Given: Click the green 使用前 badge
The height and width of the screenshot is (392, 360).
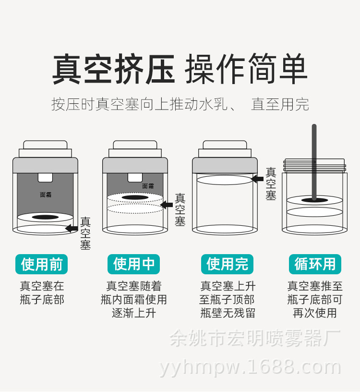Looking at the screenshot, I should [42, 264].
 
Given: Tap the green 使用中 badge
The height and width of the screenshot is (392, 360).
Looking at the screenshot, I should [134, 264].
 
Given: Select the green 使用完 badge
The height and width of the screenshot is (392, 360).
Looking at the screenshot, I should [227, 264].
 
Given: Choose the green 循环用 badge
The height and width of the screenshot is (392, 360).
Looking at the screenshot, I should [315, 264].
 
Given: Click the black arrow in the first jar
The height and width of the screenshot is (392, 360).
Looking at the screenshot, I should [72, 228].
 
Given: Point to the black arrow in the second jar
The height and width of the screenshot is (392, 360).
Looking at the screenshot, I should [166, 205].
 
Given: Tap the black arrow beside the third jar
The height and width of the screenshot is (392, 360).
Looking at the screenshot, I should [257, 179].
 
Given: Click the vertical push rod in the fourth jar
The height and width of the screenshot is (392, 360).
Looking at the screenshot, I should [314, 161].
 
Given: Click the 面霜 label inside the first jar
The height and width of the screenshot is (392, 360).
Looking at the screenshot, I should [46, 195].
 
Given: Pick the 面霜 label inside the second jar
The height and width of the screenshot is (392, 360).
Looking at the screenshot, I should [148, 186].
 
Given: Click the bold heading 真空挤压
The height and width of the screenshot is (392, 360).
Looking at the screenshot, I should [114, 70].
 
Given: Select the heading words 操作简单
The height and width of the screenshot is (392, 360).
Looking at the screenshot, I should [246, 70].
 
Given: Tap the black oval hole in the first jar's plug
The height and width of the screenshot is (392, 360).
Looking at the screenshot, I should [45, 217].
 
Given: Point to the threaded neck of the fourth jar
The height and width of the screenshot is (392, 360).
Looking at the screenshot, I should [314, 166].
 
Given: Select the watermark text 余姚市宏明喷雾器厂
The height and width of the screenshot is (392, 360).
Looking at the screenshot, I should [255, 338].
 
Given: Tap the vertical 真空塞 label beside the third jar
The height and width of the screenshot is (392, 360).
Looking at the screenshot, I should [271, 184].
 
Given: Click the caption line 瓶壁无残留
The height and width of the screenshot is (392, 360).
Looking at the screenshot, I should [228, 313].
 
